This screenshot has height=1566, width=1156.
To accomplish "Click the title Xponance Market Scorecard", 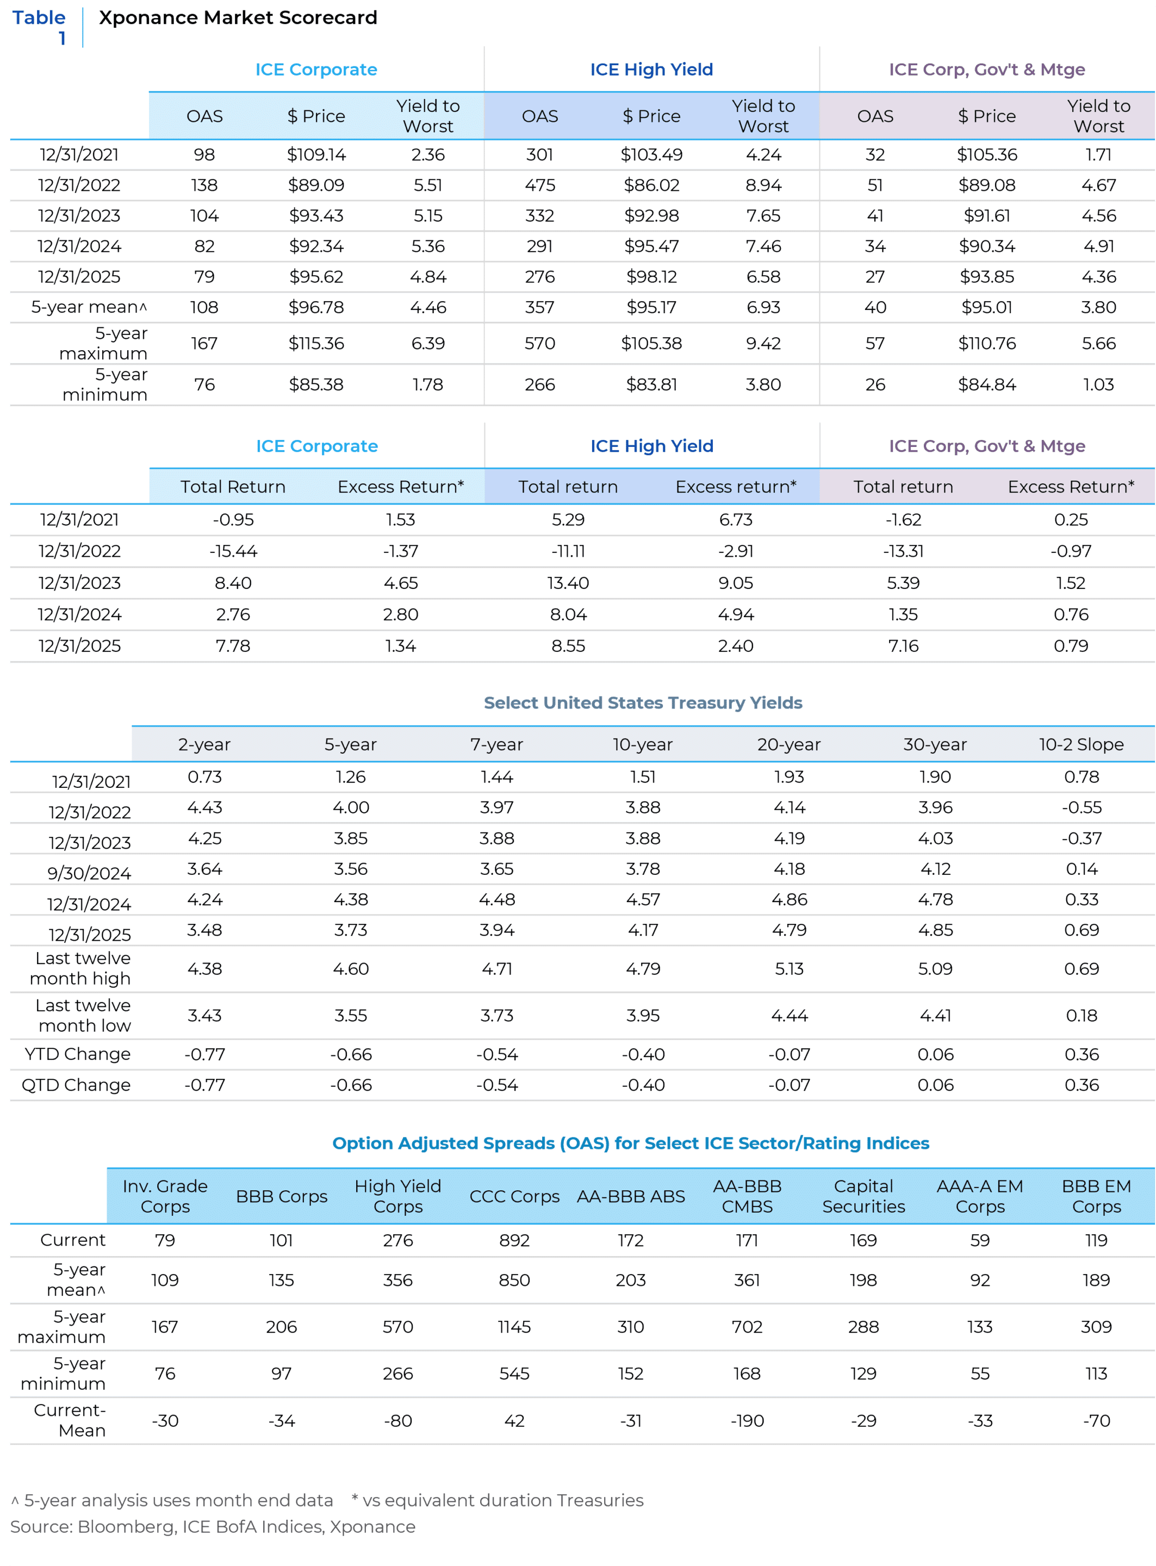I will [x=238, y=17].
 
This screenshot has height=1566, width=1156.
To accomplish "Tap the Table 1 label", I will [x=39, y=27].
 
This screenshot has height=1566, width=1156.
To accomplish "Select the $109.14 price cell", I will [x=316, y=154].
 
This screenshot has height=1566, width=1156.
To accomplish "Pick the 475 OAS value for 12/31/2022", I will [x=539, y=185].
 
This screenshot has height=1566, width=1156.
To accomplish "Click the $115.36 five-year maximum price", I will [x=316, y=344].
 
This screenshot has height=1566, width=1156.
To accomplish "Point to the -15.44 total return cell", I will [x=233, y=551].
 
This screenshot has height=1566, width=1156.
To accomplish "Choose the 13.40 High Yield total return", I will [x=568, y=583].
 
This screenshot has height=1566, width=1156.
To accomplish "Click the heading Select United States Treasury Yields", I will [x=642, y=703].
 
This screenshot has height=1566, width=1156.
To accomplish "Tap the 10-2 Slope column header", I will [x=1081, y=744].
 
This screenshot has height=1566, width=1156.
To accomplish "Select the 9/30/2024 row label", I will [x=89, y=873].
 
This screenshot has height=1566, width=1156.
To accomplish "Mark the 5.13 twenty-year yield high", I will [x=788, y=969].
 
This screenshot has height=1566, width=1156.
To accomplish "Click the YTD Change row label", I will [x=77, y=1054].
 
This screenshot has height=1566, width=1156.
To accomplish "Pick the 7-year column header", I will [x=496, y=744].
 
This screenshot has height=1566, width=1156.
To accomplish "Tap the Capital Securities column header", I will [x=863, y=1197].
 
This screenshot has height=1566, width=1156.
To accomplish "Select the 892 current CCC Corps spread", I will [x=514, y=1241].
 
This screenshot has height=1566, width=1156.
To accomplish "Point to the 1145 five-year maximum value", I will [x=514, y=1327].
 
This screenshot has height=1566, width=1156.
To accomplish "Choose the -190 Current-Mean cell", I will [x=747, y=1420].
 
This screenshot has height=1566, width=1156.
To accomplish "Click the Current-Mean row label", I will [x=70, y=1420].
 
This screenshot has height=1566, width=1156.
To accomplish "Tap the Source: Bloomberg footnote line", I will [x=213, y=1526].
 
